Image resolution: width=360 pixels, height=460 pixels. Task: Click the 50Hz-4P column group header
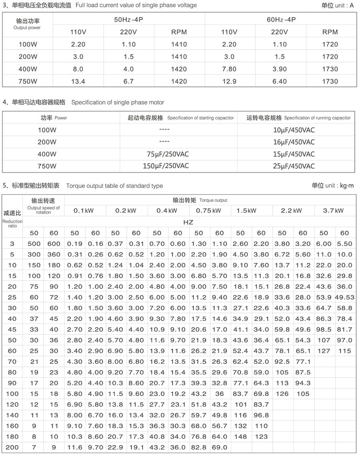coord(128,19)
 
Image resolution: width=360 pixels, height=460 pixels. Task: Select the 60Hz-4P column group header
coord(281,19)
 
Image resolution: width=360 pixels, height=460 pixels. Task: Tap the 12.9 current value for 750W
coord(229,81)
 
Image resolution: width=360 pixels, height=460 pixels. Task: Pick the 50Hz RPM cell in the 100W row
coord(179,44)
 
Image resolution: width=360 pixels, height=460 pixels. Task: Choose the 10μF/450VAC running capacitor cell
coord(294,130)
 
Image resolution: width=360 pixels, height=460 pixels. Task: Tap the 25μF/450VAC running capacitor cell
coord(294,166)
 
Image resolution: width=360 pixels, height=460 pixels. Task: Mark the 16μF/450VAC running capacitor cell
coord(294,142)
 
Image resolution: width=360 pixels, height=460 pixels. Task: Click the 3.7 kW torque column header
coord(334,211)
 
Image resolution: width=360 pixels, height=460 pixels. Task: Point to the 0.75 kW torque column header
coord(209,211)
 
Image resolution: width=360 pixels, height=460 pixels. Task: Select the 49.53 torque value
coord(344,297)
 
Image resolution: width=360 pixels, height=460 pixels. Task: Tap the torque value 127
coord(324,351)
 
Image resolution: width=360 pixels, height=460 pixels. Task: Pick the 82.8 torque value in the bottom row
coord(199,448)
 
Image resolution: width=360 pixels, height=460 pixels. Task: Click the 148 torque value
coord(240,437)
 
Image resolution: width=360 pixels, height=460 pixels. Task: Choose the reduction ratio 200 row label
coord(12,448)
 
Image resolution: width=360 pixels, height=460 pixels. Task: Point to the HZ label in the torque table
coord(188,222)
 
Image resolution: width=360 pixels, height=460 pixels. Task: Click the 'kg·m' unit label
coord(347,185)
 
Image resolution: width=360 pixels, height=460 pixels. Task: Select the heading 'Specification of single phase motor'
coord(118,102)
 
